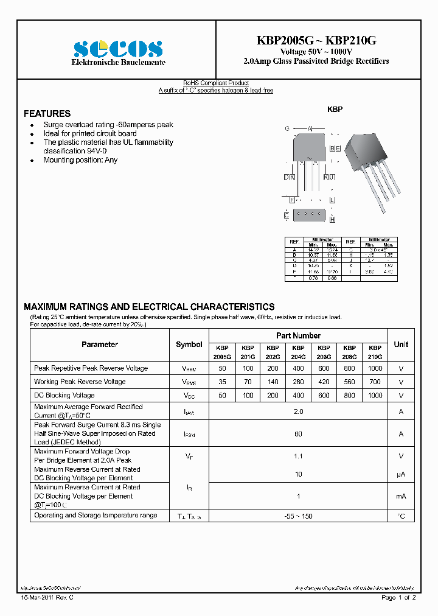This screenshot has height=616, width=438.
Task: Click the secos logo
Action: click(x=117, y=49)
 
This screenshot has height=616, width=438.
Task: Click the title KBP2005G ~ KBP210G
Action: click(x=316, y=40)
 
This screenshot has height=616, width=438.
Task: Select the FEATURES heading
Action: click(x=47, y=114)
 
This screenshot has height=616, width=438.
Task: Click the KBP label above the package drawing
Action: click(x=335, y=110)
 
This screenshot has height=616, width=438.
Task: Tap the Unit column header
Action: click(x=401, y=345)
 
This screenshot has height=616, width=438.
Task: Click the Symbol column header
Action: click(x=189, y=345)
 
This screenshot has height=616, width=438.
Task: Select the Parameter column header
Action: click(x=100, y=345)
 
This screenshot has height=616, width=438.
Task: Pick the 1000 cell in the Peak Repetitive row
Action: click(x=375, y=368)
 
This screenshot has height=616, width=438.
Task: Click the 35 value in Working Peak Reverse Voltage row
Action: click(x=223, y=382)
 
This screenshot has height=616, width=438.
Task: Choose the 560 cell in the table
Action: click(x=350, y=382)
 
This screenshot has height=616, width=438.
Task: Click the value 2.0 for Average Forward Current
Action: click(x=299, y=411)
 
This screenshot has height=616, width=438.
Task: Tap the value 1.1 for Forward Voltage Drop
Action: click(x=299, y=456)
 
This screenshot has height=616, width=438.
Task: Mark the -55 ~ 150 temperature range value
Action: click(x=299, y=516)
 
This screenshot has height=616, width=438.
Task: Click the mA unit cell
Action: click(x=401, y=497)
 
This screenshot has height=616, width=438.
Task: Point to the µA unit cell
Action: click(x=401, y=474)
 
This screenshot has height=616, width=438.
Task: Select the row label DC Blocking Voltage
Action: click(x=64, y=396)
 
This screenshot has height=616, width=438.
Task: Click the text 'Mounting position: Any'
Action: click(x=80, y=160)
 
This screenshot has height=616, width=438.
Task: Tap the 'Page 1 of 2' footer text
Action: click(x=398, y=598)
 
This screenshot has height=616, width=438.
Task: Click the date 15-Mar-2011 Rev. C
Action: click(x=48, y=598)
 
